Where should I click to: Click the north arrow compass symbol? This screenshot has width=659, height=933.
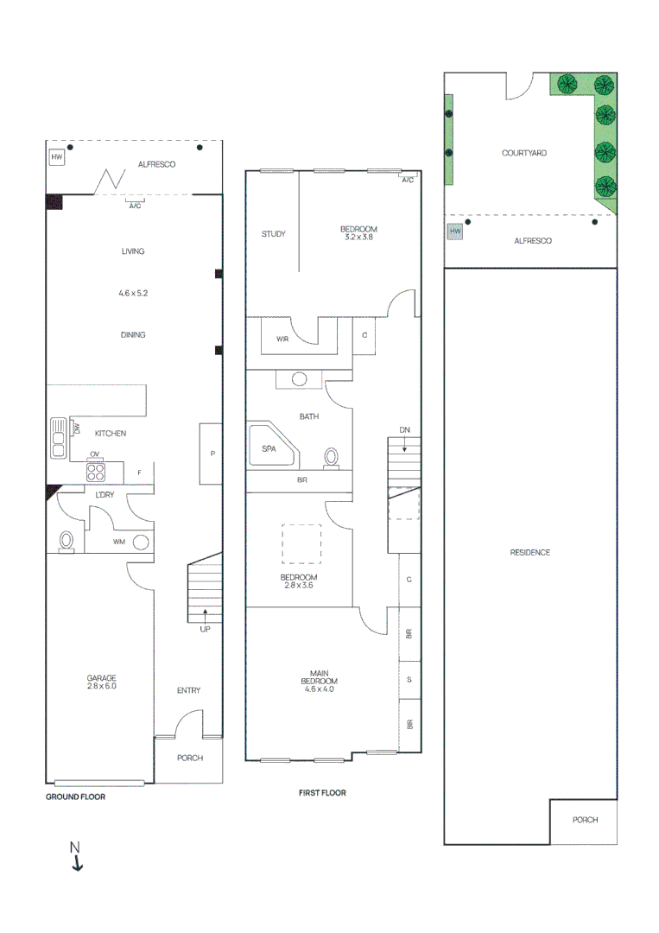point(76,855)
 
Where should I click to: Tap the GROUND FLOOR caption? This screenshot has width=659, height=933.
point(75,797)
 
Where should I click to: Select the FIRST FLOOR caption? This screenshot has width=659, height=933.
point(321,792)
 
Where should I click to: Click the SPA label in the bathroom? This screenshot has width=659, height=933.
point(269,448)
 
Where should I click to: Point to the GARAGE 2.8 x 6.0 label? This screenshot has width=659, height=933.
point(101,682)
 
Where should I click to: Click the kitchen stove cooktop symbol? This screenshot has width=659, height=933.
point(95,473)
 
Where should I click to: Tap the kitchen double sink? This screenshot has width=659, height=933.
point(59,437)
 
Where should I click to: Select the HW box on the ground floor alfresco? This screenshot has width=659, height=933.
point(57,157)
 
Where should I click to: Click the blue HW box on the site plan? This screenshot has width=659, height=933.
point(455,232)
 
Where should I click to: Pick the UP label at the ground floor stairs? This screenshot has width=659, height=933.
point(205,629)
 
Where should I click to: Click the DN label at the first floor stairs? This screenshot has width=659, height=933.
point(404,429)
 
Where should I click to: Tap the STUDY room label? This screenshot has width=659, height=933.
point(274,233)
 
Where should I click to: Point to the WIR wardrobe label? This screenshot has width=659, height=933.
point(282,340)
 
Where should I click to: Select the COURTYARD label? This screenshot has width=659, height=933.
point(523,153)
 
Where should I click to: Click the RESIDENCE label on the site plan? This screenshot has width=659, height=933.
point(529,552)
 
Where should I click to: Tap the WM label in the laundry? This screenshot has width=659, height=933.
point(118,542)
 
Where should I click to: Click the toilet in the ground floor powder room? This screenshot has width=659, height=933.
point(67,541)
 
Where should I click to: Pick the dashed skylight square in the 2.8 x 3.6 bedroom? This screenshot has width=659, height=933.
point(301,544)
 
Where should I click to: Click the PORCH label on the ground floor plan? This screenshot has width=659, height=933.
point(190,758)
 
